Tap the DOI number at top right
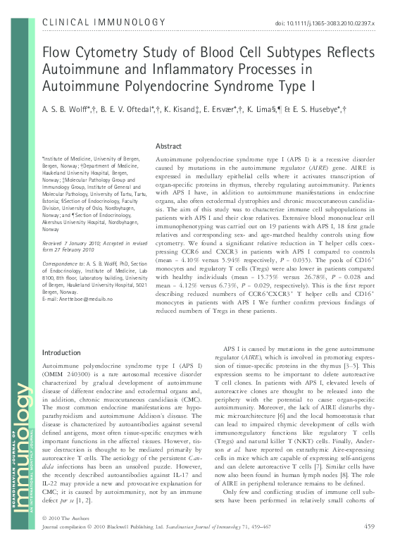(329, 23)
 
